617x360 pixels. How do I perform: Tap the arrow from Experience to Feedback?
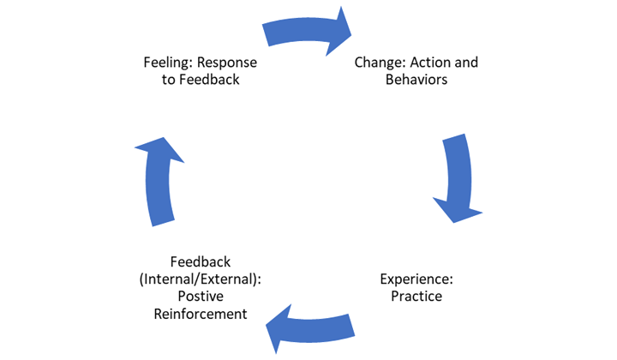(312, 327)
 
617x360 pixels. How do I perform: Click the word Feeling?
(170, 63)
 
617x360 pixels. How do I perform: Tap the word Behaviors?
(416, 80)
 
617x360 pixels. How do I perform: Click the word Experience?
(416, 279)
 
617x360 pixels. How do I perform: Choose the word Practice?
(416, 297)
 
